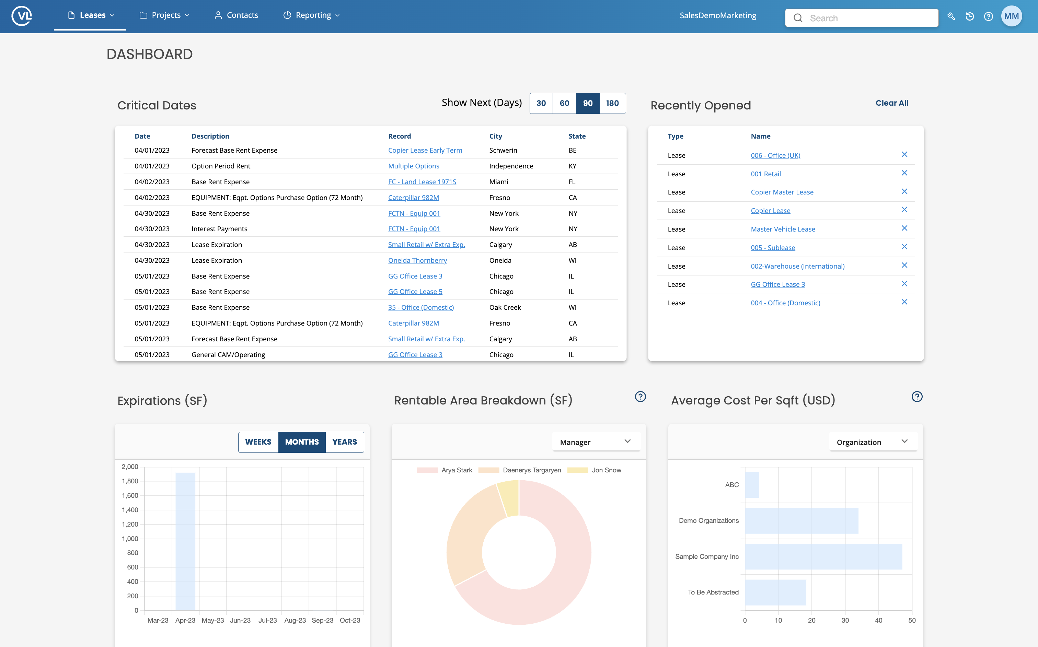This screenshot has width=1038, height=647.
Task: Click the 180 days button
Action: [612, 103]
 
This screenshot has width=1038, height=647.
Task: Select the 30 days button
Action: [541, 103]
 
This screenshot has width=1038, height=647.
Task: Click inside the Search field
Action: [869, 18]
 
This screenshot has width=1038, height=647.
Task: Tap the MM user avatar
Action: [1011, 16]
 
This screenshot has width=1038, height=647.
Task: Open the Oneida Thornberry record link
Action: [417, 260]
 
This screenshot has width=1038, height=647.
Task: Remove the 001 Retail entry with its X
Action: [904, 173]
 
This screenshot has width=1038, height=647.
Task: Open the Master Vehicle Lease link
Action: [783, 229]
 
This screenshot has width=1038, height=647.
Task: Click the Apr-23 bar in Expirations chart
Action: [185, 541]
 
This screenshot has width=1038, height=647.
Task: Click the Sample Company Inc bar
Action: [823, 556]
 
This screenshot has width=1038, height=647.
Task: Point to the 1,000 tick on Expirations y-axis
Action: [130, 539]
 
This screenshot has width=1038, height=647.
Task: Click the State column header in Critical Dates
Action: [577, 136]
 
